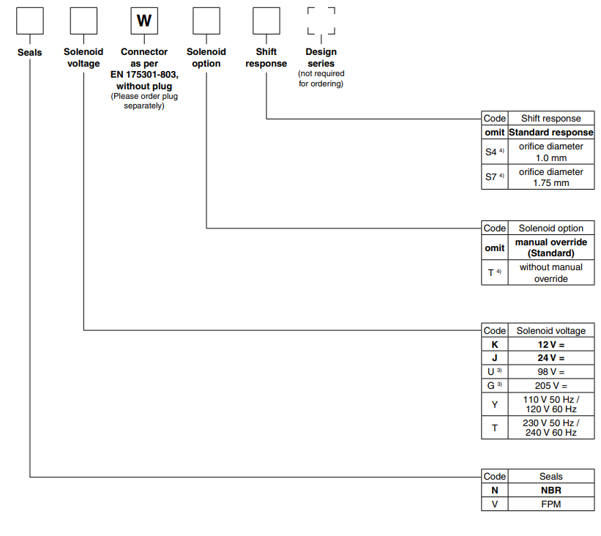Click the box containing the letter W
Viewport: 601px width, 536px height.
(x=144, y=21)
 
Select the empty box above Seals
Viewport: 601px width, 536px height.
(x=30, y=21)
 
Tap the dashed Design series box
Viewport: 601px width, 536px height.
(x=321, y=21)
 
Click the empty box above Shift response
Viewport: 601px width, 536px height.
(x=266, y=21)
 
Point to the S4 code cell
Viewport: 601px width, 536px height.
(x=495, y=152)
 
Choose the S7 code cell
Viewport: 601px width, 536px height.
(x=495, y=177)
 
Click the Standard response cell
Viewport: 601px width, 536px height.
(x=550, y=133)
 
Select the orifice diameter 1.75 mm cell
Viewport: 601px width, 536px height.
(x=550, y=177)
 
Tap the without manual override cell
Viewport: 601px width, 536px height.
(x=550, y=272)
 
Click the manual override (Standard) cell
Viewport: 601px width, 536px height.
(x=550, y=247)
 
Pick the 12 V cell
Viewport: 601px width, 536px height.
(x=550, y=344)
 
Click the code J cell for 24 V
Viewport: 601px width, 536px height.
(x=495, y=358)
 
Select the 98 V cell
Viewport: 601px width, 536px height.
(x=550, y=372)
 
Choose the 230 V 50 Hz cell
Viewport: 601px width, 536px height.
(x=550, y=428)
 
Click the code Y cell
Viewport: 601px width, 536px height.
(x=495, y=404)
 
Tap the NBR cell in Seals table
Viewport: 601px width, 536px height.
(x=550, y=490)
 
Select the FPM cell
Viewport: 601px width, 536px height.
(x=550, y=504)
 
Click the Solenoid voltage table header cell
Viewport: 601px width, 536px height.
(x=550, y=330)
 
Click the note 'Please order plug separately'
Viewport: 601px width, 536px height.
(x=144, y=101)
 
